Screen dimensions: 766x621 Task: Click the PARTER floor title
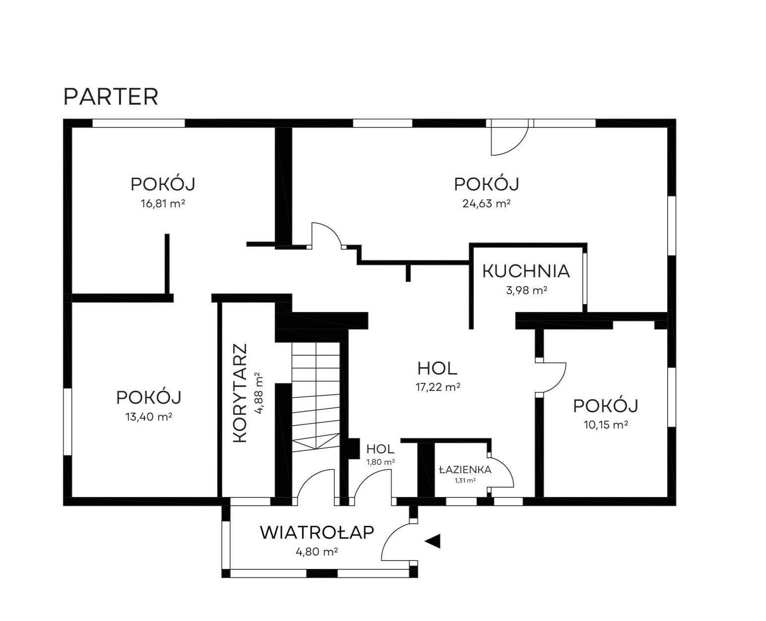pos(111,97)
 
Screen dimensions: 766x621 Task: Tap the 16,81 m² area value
pos(163,204)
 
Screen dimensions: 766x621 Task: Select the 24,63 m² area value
pos(486,204)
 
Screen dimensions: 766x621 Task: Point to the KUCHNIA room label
pos(526,271)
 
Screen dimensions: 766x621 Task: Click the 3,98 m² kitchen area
pos(526,290)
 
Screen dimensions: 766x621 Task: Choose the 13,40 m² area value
pos(148,417)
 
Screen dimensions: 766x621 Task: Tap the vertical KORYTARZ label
pos(240,393)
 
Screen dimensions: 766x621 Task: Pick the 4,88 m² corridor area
pos(259,393)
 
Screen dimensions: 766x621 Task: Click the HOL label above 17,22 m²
pos(437,369)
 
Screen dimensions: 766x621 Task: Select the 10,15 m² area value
pos(606,425)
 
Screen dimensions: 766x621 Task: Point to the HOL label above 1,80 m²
pos(381,449)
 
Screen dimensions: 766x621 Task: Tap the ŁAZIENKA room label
pos(465,469)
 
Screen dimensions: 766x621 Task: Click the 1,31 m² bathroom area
pos(465,481)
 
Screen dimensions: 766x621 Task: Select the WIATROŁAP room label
pos(317,533)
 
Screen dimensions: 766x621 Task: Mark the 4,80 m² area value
pos(317,552)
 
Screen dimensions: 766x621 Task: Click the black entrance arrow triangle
pos(433,541)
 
